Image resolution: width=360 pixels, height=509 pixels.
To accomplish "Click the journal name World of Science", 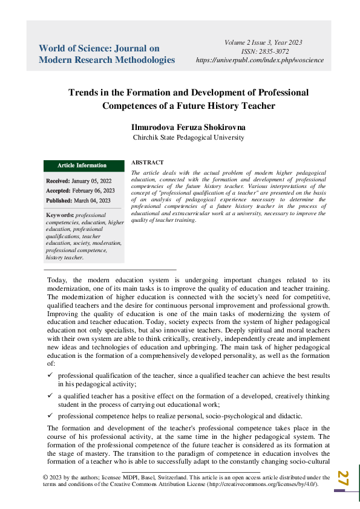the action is [x=99, y=48].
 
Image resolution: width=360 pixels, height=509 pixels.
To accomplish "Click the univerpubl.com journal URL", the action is [x=260, y=60].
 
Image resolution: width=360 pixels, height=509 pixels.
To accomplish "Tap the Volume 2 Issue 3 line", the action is [x=263, y=42].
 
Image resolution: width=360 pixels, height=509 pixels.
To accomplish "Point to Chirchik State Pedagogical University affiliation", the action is [x=188, y=137].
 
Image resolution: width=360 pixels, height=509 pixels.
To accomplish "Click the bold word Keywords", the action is [x=60, y=215].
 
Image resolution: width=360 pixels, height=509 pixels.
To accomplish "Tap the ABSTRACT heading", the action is [x=147, y=163].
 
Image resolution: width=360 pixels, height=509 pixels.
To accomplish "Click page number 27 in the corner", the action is [x=343, y=478].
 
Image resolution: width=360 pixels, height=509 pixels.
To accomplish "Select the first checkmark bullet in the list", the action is [x=50, y=375].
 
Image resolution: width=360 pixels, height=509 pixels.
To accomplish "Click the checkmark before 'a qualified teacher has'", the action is [x=50, y=395].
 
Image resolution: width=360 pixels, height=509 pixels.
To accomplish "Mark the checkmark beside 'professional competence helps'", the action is [x=50, y=415].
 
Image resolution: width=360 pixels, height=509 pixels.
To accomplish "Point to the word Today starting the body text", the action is [x=57, y=280].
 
